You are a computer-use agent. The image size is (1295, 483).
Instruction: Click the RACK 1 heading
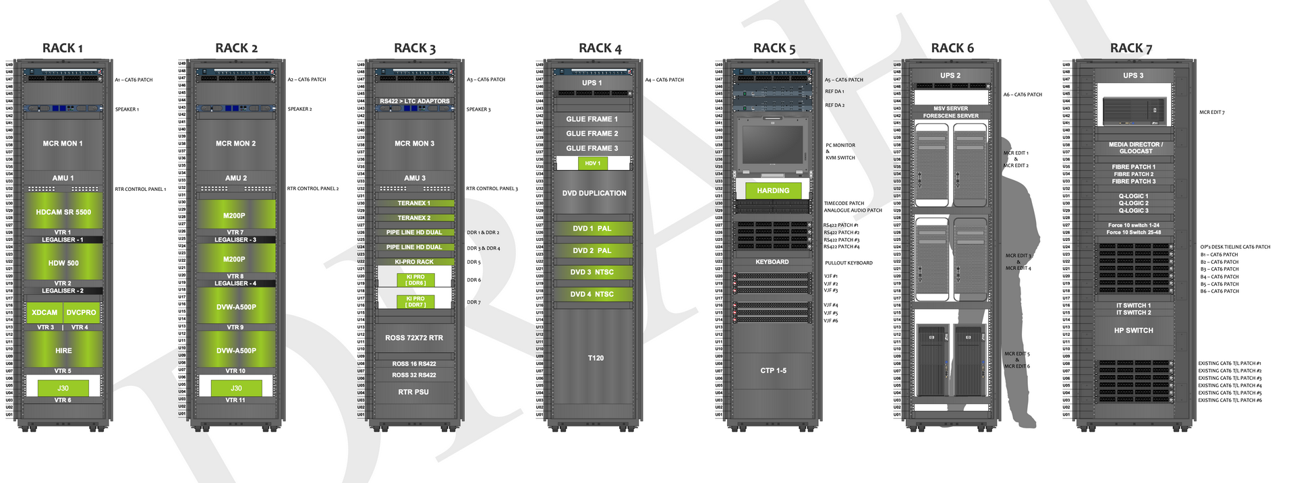(63, 48)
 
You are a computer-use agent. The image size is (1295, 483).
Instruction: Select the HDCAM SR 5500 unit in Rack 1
(63, 212)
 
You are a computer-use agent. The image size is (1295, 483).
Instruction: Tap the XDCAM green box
(45, 312)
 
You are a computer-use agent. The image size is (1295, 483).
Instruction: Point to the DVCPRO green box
(82, 312)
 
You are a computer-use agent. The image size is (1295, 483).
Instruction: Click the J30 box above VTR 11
(236, 388)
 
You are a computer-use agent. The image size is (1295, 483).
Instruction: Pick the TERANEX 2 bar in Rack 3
(414, 218)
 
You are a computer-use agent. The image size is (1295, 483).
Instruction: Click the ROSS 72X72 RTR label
(414, 338)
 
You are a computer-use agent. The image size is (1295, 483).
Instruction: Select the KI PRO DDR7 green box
(415, 302)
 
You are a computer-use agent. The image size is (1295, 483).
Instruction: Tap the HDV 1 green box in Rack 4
(593, 163)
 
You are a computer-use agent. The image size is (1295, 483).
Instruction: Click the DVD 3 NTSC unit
(592, 273)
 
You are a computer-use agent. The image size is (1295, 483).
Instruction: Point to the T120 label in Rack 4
(596, 358)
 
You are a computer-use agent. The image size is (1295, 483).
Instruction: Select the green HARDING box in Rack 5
(773, 191)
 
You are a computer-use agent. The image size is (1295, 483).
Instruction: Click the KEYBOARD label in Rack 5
(772, 262)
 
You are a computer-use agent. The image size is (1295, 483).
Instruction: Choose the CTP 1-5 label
(773, 370)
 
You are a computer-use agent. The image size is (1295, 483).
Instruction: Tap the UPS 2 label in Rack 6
(950, 76)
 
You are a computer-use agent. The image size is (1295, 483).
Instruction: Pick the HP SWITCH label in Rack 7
(1134, 331)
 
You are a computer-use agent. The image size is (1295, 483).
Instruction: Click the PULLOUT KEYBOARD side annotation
(848, 263)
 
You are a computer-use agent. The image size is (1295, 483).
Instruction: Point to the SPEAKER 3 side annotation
(478, 109)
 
